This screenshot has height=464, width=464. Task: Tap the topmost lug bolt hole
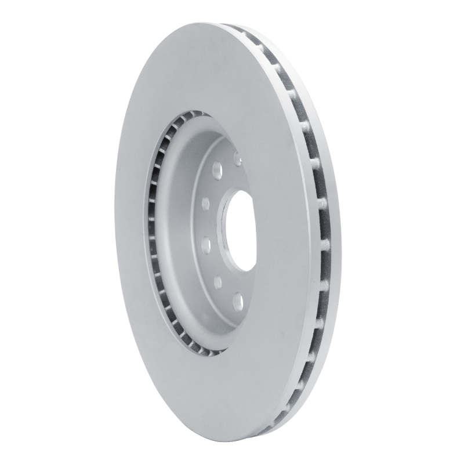coord(237,158)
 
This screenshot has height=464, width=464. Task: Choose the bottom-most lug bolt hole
coord(238,301)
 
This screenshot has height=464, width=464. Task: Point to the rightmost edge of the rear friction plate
coord(341,232)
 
